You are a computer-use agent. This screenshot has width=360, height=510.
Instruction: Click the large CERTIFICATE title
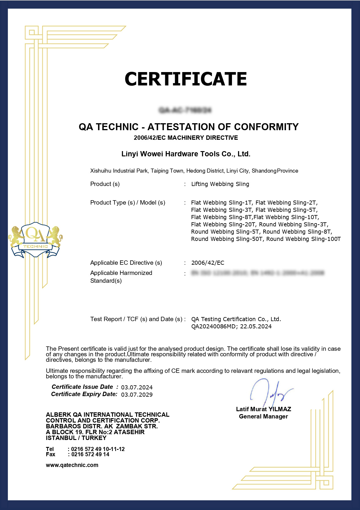point(186,79)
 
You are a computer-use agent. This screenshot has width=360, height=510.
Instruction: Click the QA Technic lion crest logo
point(35,240)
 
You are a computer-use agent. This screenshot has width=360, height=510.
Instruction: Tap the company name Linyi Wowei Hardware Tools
point(186,154)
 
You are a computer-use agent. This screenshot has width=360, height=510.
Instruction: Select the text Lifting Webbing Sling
point(220,184)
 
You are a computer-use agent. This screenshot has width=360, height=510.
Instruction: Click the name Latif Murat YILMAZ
point(263,409)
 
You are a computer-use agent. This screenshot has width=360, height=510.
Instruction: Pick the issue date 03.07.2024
point(137,387)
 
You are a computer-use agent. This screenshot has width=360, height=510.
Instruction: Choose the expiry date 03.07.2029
point(137,395)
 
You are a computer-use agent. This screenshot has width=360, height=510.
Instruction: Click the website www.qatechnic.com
point(72,465)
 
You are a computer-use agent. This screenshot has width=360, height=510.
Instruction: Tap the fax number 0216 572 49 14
point(90,454)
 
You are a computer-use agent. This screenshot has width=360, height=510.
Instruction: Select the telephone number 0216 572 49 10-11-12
point(98,449)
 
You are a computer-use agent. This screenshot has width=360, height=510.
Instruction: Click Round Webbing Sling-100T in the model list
point(303,239)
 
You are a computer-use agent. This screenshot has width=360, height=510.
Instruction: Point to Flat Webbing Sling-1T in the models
point(222,203)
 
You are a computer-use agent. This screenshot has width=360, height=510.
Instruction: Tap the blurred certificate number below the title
point(185,110)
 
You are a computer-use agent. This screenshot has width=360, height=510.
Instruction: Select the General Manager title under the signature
point(263,416)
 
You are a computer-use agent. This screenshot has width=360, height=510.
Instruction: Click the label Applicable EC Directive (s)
point(126,263)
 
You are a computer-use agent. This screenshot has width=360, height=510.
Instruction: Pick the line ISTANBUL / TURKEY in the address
point(76,438)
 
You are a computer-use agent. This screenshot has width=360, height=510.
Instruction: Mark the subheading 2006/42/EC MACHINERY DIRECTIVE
point(186,138)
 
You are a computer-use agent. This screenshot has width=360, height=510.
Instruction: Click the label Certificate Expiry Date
point(84,394)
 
